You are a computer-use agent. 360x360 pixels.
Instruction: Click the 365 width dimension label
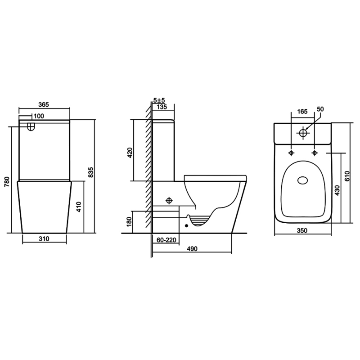[x=44, y=104]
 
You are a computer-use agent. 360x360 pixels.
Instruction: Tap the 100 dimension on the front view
[x=39, y=116]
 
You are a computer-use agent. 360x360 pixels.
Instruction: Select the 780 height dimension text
[x=7, y=181]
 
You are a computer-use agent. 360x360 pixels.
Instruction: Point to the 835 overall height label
[x=91, y=172]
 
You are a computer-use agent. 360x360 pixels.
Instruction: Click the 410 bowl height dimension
[x=79, y=207]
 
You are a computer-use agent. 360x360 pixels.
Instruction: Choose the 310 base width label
[x=44, y=239]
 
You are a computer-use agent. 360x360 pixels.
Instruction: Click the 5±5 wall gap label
[x=159, y=100]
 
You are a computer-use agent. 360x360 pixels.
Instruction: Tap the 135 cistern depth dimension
[x=162, y=107]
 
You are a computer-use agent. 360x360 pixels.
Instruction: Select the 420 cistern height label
[x=130, y=153]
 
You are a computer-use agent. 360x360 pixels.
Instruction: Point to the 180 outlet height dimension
[x=129, y=221]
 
